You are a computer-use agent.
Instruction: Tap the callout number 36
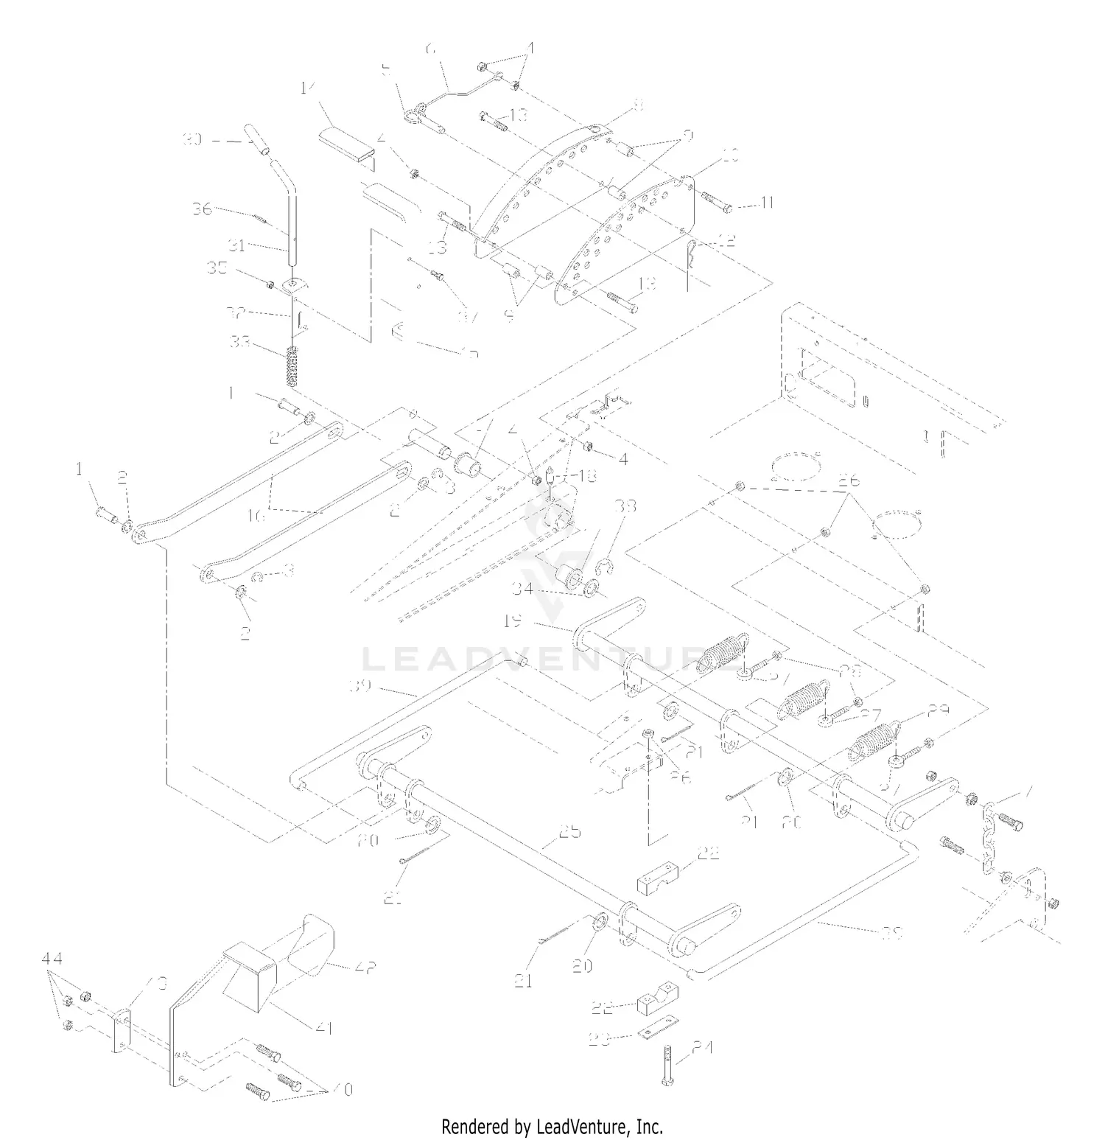click(x=202, y=209)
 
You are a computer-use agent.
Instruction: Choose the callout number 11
click(x=767, y=202)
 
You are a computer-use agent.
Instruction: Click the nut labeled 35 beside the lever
click(x=270, y=285)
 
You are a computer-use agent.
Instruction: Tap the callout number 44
click(x=52, y=959)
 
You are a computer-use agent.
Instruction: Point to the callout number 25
click(x=570, y=831)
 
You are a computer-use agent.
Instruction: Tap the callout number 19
click(x=512, y=621)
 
